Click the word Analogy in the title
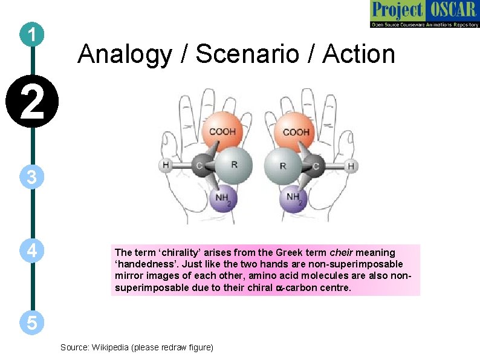tap(124, 54)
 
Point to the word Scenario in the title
tap(246, 54)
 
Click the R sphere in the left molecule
tap(233, 164)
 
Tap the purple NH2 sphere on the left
tap(224, 198)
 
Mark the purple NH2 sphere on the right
tap(294, 198)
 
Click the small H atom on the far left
tap(166, 165)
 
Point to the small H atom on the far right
tap(351, 165)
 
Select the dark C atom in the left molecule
tap(199, 165)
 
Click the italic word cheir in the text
tap(342, 252)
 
